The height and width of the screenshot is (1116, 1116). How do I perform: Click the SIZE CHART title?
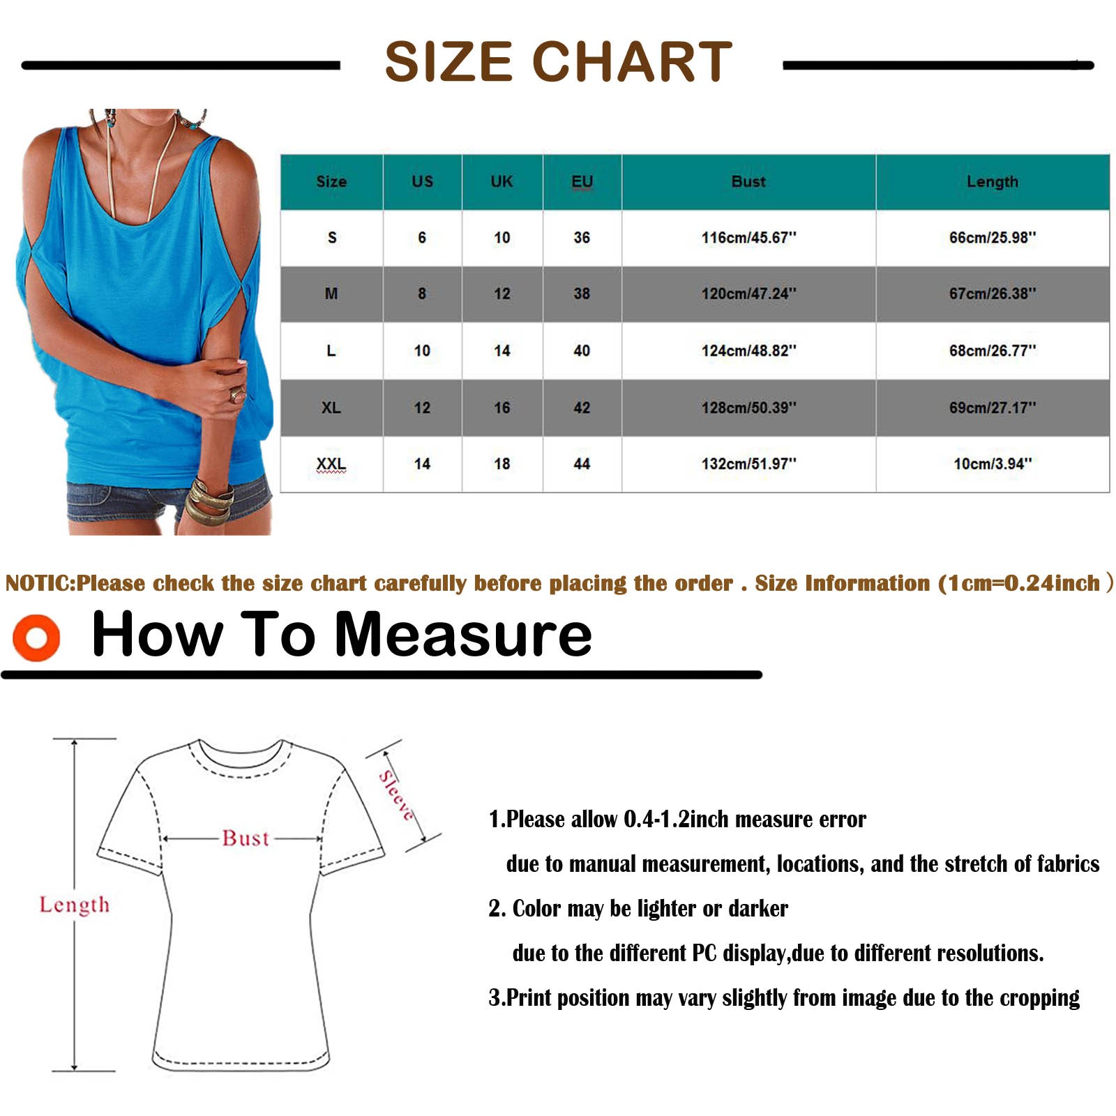(x=558, y=61)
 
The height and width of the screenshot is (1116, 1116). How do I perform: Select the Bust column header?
(x=748, y=181)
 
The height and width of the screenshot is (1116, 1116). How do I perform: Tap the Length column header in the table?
(x=992, y=182)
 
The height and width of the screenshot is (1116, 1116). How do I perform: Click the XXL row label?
(x=331, y=464)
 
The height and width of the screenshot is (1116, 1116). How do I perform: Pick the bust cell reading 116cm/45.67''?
(x=748, y=238)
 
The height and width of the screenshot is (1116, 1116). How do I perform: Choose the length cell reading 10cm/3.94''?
(x=993, y=464)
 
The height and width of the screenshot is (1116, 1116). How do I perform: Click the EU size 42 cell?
(x=582, y=407)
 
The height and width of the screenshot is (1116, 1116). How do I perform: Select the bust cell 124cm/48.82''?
(x=748, y=351)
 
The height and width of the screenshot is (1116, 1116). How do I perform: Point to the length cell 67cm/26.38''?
(x=993, y=294)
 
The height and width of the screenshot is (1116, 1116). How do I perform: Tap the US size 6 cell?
(x=422, y=238)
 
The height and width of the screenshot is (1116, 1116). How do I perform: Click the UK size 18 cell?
(x=502, y=464)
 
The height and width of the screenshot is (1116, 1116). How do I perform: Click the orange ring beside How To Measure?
(x=36, y=638)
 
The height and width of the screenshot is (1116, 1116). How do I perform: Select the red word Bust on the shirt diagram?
(x=246, y=838)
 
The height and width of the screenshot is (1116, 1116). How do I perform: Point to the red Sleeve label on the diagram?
(x=396, y=795)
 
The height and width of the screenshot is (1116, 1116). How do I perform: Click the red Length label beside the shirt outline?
(x=75, y=905)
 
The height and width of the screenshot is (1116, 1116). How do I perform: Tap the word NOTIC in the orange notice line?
(x=40, y=583)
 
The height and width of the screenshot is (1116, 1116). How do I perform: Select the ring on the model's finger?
(x=238, y=395)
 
